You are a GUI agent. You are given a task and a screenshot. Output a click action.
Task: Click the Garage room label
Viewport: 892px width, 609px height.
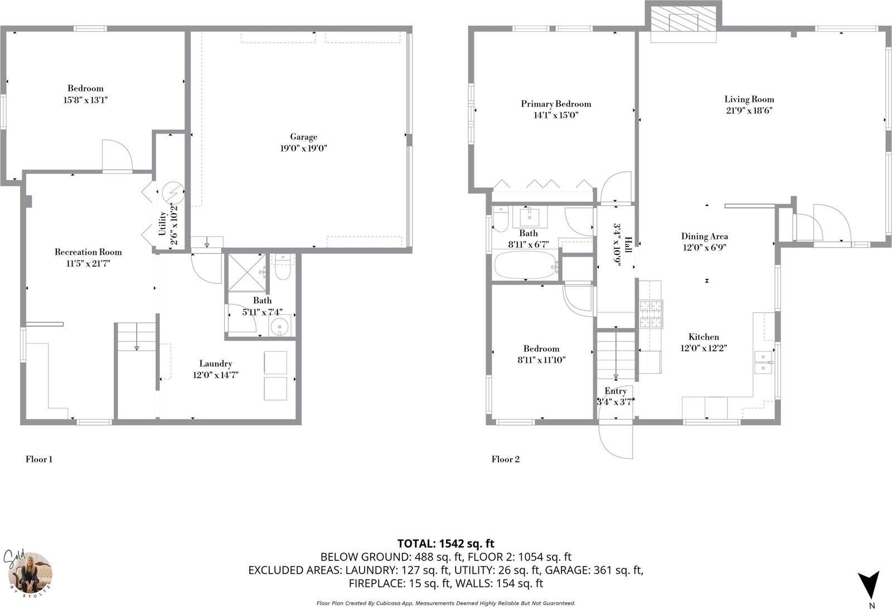pos(303,137)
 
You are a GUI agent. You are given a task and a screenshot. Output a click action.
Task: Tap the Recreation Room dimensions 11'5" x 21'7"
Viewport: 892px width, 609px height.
pos(88,264)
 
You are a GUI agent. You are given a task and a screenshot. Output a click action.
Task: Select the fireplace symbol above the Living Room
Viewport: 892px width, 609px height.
pos(683,22)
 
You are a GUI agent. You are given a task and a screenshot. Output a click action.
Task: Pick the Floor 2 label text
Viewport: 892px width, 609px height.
pos(505,460)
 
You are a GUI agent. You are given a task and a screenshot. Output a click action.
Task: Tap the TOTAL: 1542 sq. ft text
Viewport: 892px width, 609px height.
pos(445,543)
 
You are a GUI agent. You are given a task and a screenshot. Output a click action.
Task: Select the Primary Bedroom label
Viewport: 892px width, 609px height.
pos(556,104)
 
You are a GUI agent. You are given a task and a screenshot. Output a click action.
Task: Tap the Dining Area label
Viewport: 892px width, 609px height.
pos(704,236)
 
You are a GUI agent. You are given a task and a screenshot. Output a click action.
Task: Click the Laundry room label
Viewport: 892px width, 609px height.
pos(215,364)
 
